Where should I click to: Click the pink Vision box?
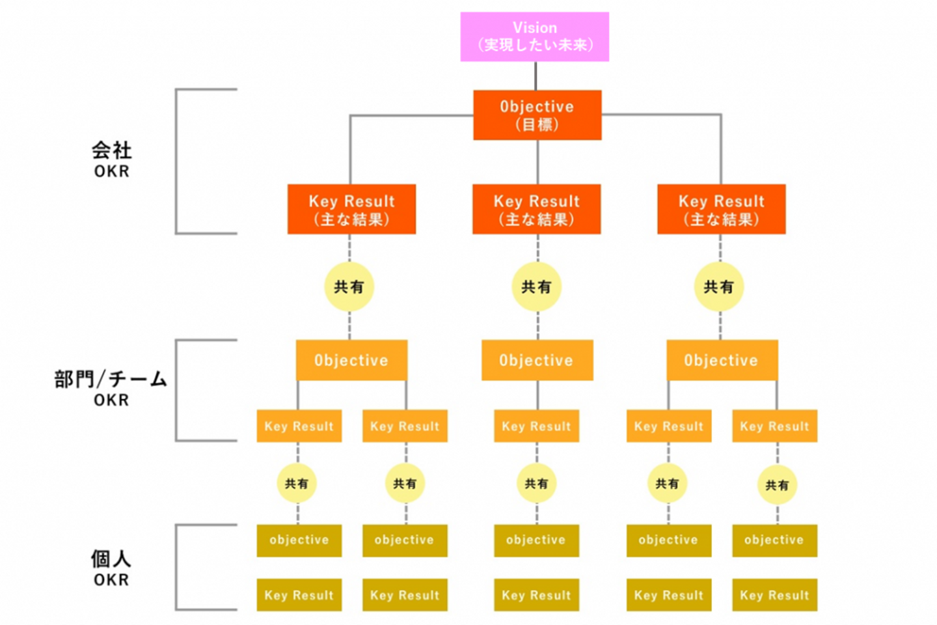coord(534,36)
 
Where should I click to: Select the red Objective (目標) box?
coord(537,115)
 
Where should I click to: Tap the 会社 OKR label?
coord(111,160)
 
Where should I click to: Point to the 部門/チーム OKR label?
coord(111,388)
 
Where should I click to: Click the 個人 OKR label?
coord(111,568)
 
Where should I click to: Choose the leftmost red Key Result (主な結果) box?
coord(351,209)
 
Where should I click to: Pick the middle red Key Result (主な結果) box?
coord(536,209)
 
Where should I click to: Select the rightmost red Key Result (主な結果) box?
coord(721,209)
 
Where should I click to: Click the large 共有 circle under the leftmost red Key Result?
coord(349,286)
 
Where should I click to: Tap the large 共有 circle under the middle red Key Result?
coord(536,286)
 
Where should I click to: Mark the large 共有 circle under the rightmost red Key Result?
coord(718,286)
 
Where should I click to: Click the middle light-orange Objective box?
coord(537,360)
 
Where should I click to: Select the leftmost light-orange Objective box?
coord(351,360)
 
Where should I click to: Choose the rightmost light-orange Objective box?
coord(722,360)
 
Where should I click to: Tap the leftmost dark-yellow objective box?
coord(299,540)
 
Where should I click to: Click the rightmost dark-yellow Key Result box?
coord(774,595)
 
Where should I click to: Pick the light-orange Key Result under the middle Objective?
coord(536,426)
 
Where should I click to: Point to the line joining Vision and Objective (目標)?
coord(536,76)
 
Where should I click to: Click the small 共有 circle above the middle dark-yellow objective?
coord(536,483)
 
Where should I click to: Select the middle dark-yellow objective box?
coord(536,540)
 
